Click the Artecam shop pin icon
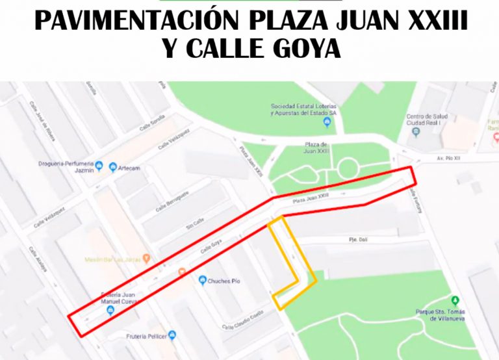(112, 168)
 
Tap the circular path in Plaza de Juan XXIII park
(348, 168)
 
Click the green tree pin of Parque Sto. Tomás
(455, 301)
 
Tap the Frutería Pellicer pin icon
(172, 335)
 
